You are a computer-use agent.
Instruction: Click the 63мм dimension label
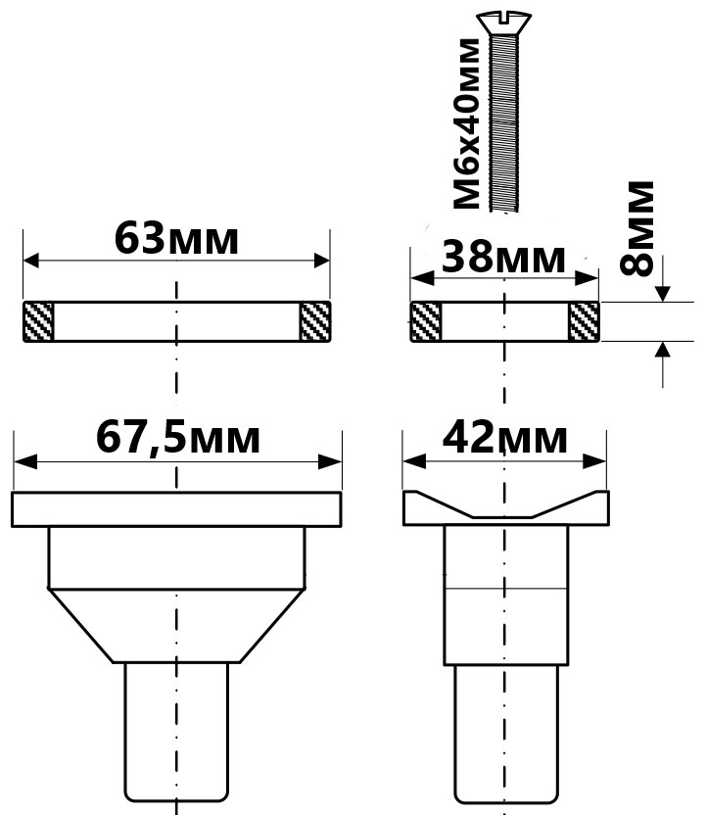pos(176,239)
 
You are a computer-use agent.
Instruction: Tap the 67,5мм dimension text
pos(177,438)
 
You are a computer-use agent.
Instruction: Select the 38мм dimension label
pos(503,258)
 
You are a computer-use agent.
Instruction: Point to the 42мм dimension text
pos(504,438)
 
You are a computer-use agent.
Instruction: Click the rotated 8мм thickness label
pos(636,228)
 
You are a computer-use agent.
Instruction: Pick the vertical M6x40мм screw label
pos(466,123)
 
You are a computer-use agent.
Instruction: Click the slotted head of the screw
pos(504,23)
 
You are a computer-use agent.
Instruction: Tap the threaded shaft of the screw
pos(504,122)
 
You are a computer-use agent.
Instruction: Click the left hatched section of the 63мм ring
pos(38,321)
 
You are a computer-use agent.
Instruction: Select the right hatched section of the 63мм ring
pos(315,321)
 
